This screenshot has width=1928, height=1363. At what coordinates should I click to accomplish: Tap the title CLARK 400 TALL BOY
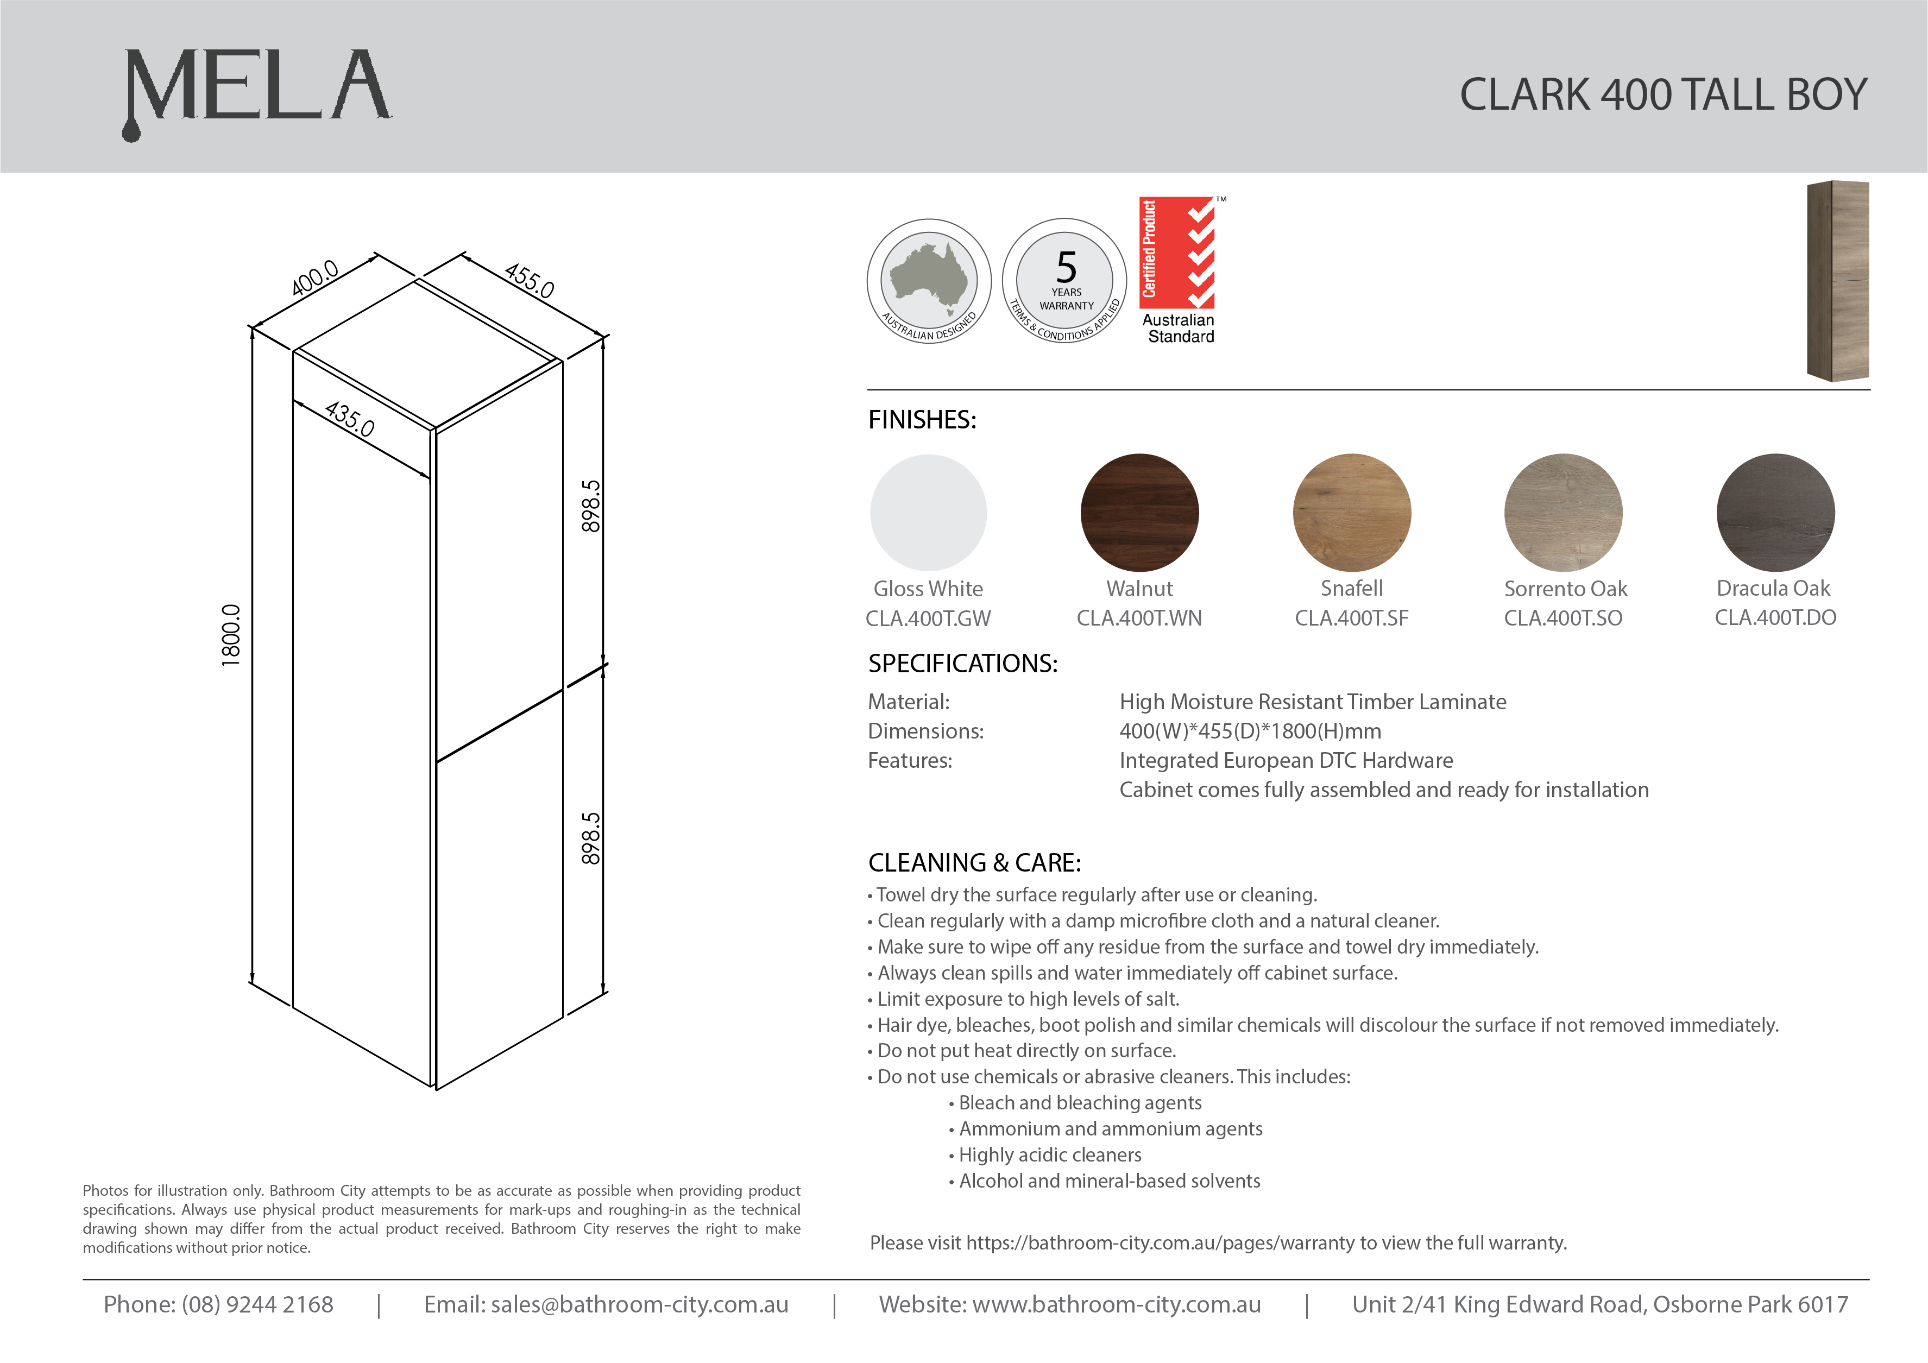tap(1662, 94)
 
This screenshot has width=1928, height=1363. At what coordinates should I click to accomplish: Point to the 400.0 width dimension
tap(315, 278)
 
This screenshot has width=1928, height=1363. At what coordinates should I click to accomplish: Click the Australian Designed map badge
tap(929, 281)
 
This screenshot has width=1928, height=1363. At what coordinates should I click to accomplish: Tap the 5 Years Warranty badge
tap(1065, 281)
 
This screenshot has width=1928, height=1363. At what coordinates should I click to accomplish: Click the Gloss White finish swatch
tap(929, 512)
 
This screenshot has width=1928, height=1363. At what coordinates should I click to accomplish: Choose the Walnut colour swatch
tap(1139, 512)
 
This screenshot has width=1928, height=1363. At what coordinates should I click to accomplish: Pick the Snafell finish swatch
tap(1352, 512)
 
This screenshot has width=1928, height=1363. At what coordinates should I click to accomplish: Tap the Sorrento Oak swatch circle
tap(1564, 512)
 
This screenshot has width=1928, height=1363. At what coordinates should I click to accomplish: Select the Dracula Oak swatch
tap(1775, 512)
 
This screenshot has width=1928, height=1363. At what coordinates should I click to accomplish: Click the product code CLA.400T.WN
tap(1139, 618)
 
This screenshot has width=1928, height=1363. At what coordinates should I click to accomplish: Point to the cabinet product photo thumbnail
tap(1838, 281)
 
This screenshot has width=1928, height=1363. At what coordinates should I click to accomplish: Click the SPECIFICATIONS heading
tap(962, 664)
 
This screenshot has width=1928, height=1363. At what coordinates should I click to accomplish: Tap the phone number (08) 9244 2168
tap(257, 1304)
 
